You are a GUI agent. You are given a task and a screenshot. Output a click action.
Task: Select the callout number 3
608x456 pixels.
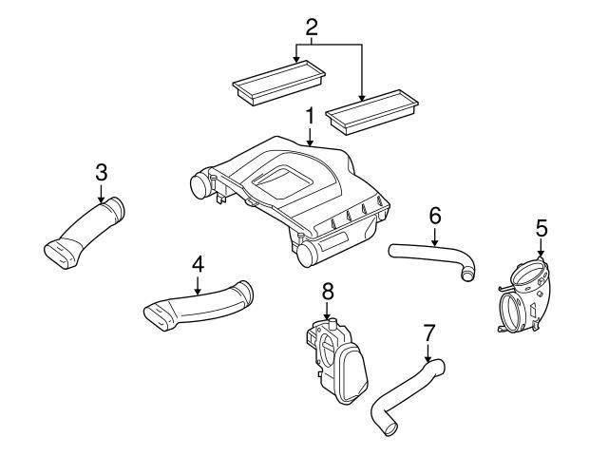pyautogui.click(x=102, y=173)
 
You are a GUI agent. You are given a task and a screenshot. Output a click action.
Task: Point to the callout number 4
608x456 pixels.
pyautogui.click(x=198, y=262)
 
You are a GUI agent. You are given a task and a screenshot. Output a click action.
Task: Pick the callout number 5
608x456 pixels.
pyautogui.click(x=541, y=228)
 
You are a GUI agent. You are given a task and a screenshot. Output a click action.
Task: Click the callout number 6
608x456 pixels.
pyautogui.click(x=434, y=216)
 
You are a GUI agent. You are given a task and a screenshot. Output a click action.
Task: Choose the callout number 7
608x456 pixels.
pyautogui.click(x=428, y=333)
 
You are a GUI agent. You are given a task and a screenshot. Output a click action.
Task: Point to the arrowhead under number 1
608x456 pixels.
pyautogui.click(x=309, y=142)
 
